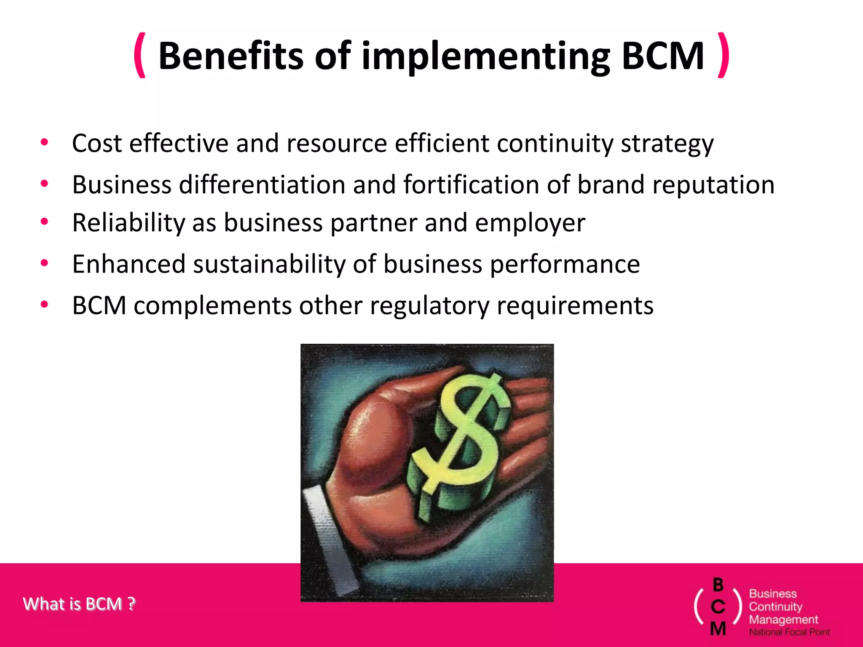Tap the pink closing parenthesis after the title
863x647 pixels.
click(x=723, y=55)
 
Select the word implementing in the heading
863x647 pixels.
click(x=485, y=56)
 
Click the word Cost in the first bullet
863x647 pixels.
click(x=96, y=143)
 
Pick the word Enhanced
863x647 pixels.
click(x=129, y=264)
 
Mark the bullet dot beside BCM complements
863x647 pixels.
click(x=44, y=304)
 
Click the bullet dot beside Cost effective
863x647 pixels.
click(x=44, y=142)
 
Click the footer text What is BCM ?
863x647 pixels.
click(x=79, y=604)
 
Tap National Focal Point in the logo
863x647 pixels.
click(x=789, y=632)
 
